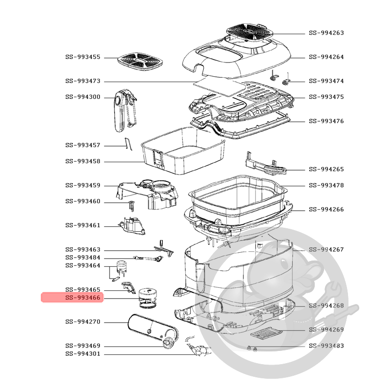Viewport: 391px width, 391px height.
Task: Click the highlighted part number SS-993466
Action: click(82, 298)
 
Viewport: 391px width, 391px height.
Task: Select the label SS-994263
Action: click(326, 33)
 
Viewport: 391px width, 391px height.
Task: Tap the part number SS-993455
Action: click(82, 57)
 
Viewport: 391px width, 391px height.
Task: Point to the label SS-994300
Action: click(82, 97)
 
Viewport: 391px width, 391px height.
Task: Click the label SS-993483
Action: click(326, 346)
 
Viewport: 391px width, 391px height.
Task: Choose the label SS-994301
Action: click(82, 354)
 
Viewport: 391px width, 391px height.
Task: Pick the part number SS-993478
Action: click(326, 185)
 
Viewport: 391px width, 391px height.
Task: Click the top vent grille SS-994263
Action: click(251, 33)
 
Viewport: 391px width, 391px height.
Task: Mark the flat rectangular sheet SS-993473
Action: click(218, 87)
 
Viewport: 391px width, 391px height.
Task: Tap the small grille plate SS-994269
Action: click(267, 334)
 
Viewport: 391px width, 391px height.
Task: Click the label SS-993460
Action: click(82, 201)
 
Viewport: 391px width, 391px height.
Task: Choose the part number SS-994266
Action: click(326, 210)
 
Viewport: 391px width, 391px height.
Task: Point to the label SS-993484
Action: click(82, 258)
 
